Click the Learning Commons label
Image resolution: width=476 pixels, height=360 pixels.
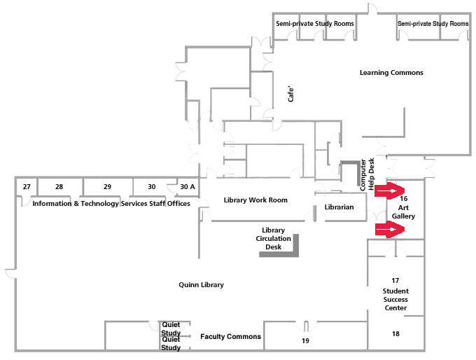tap(391, 73)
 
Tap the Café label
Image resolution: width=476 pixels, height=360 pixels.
tap(293, 95)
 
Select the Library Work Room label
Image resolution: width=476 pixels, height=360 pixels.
tap(255, 200)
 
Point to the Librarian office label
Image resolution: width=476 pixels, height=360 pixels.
tap(339, 207)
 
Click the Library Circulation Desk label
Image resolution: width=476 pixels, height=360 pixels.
tap(273, 239)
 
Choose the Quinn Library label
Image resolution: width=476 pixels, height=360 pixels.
tap(201, 285)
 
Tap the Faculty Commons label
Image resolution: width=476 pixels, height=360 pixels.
tap(230, 337)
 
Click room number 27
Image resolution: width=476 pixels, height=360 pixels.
tap(27, 187)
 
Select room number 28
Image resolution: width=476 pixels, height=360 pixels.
tap(59, 187)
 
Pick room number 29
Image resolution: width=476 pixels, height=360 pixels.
tap(107, 187)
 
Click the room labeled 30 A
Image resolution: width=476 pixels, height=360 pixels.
tap(188, 187)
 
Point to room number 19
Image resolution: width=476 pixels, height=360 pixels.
tap(305, 341)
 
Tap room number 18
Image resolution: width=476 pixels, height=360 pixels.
tap(395, 334)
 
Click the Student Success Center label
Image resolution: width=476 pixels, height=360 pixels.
tap(395, 299)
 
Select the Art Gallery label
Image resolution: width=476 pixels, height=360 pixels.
tap(403, 212)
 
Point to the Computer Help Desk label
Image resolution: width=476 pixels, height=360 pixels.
tap(367, 175)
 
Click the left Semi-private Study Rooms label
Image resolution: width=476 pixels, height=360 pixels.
tap(314, 24)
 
